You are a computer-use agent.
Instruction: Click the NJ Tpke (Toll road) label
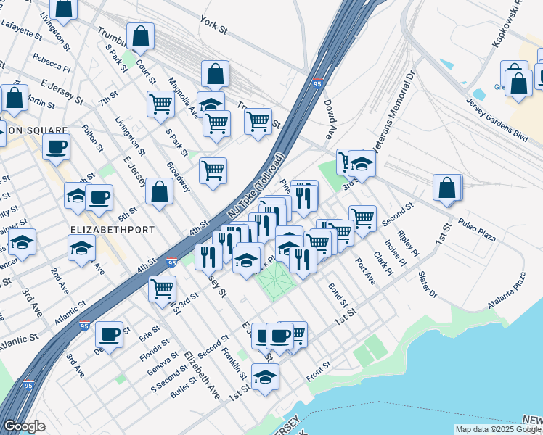point(253,185)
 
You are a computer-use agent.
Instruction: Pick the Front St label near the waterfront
point(319,367)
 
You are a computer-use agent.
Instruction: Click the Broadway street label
point(179,176)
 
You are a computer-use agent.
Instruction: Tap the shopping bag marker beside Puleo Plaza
point(448,187)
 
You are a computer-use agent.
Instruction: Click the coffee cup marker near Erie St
point(109,334)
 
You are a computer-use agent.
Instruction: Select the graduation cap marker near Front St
point(265,376)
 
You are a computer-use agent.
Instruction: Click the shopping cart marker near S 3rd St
point(162,289)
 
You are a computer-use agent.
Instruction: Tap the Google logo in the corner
point(25,426)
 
